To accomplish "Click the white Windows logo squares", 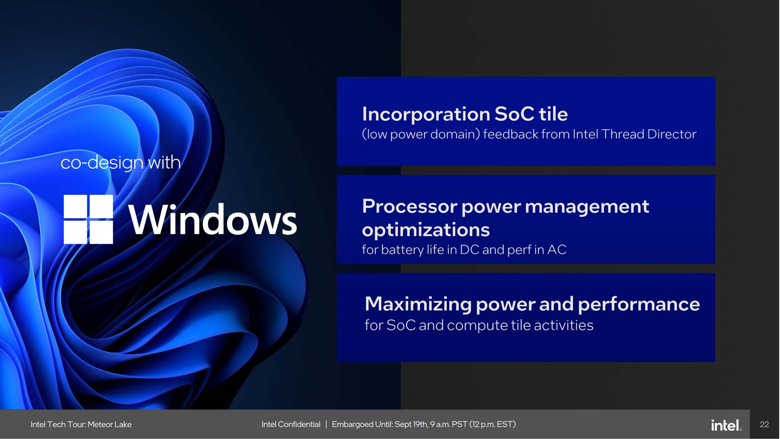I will click(88, 219).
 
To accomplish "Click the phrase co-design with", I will click(120, 163).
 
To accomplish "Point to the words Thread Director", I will click(648, 134).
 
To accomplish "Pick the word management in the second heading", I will click(587, 206).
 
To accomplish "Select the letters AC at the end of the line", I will click(556, 250).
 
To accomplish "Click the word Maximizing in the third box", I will click(418, 304).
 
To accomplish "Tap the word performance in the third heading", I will click(639, 304).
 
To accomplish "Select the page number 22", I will click(764, 424).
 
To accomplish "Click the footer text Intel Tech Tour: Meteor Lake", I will click(81, 424).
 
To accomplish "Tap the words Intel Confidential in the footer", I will click(291, 424).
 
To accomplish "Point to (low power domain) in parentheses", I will click(421, 134).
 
